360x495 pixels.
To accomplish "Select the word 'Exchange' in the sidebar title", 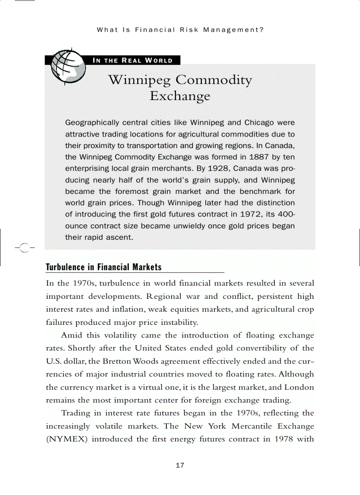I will pyautogui.click(x=180, y=96).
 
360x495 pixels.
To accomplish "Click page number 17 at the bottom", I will pyautogui.click(x=180, y=465).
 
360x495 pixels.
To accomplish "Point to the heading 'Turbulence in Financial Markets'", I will pyautogui.click(x=104, y=267).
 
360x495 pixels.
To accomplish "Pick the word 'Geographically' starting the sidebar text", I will pyautogui.click(x=92, y=123).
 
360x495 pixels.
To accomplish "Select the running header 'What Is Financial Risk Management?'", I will pyautogui.click(x=180, y=30).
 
